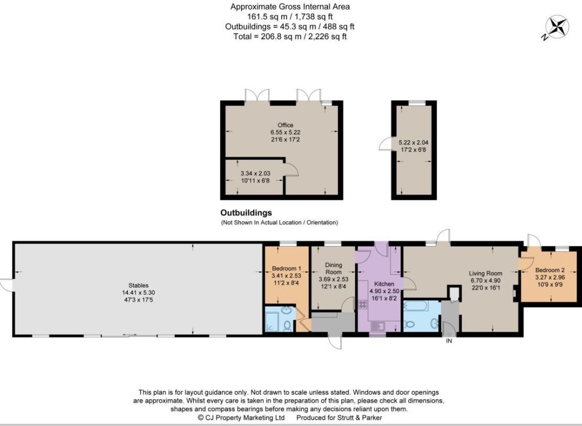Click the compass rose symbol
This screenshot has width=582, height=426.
tap(557, 27)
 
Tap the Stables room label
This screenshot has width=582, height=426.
tap(139, 285)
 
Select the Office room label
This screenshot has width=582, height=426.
tap(285, 125)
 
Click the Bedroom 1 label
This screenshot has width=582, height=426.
tap(286, 268)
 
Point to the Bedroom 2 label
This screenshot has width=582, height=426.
tap(550, 270)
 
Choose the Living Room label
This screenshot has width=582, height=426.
tap(485, 273)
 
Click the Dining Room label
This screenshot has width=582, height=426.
tap(333, 268)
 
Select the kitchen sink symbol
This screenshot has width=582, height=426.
tap(378, 326)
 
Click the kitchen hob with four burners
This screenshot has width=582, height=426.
tap(363, 304)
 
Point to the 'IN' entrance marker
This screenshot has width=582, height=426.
tap(449, 341)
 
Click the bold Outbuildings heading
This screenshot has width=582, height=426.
tap(246, 212)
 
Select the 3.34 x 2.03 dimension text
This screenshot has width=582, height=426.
tap(255, 173)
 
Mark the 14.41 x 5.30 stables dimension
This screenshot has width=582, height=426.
tap(139, 293)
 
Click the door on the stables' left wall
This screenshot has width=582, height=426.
tap(7, 285)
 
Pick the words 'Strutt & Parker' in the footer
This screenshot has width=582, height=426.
tap(359, 417)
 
